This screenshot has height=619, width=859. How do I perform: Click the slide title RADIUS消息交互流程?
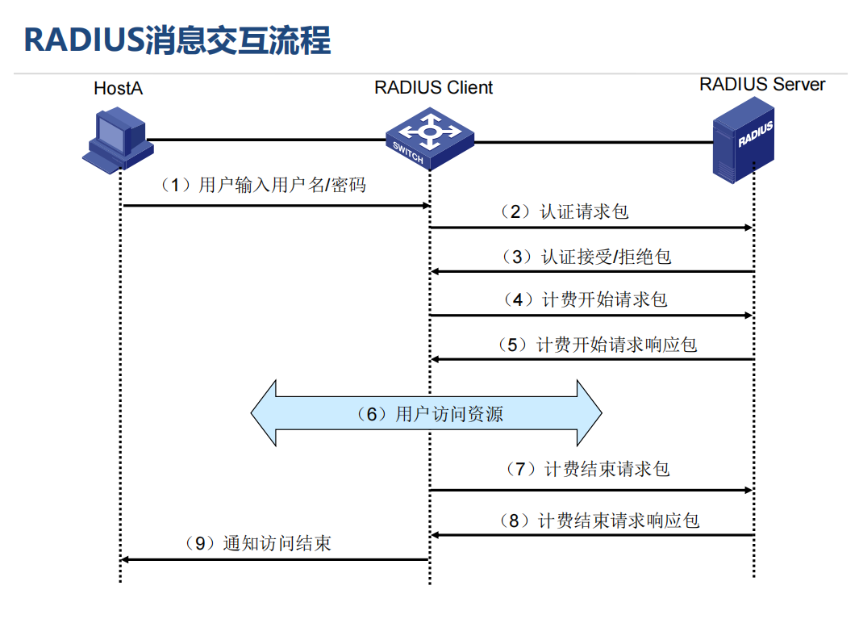(x=177, y=40)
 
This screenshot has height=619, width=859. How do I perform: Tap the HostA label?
(x=118, y=88)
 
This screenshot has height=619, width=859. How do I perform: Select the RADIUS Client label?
(x=433, y=87)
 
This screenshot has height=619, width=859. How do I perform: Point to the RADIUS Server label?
(x=761, y=84)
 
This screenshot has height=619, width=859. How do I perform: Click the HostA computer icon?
(x=118, y=140)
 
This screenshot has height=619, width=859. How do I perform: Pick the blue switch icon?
(x=428, y=140)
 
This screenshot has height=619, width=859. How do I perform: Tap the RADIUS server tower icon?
(x=743, y=139)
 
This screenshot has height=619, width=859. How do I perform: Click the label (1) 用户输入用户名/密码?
(x=264, y=186)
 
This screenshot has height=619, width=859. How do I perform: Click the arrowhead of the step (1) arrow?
(x=427, y=206)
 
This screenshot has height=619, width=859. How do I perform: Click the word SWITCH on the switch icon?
(x=408, y=154)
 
